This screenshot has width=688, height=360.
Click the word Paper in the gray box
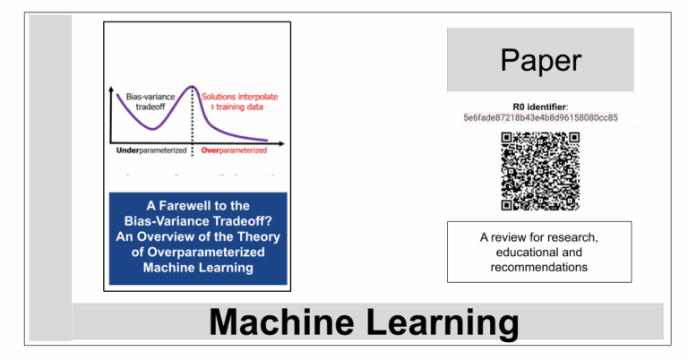(540, 60)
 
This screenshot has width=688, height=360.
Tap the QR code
(540, 171)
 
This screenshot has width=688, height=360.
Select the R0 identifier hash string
(540, 117)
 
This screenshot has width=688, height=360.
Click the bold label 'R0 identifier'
(539, 107)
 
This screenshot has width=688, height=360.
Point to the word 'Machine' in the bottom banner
(281, 322)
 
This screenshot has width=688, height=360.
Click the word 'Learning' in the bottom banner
(442, 324)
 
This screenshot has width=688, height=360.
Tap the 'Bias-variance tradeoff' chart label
(150, 102)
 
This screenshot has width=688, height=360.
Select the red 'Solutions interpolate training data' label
(239, 102)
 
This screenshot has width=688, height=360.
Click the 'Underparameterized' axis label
(151, 150)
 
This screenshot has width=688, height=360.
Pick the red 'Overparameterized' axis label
(234, 150)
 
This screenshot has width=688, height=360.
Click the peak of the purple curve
(192, 86)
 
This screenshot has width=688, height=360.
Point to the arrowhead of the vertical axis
(111, 90)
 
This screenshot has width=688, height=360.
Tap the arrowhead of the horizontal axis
(281, 143)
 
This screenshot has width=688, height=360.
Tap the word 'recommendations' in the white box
(538, 267)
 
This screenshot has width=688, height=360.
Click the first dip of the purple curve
(152, 128)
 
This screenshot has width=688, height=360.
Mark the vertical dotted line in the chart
(193, 121)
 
